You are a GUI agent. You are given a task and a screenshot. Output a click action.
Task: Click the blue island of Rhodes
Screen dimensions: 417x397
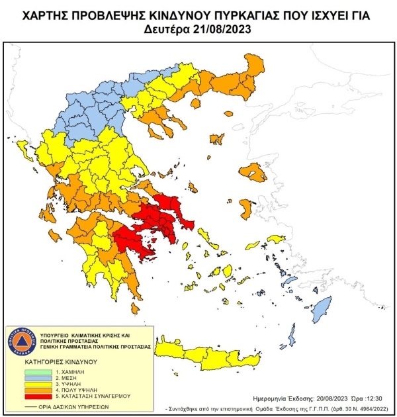pyautogui.click(x=323, y=308)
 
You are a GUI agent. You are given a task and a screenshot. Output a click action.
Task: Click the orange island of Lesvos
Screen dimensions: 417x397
pyautogui.click(x=255, y=173)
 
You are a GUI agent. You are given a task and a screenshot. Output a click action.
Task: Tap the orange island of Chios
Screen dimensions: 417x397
pyautogui.click(x=244, y=208)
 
